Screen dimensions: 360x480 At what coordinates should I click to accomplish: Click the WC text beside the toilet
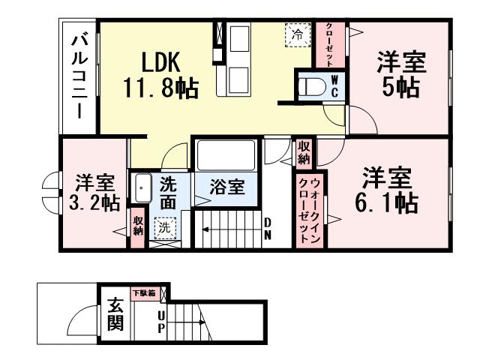click(x=335, y=86)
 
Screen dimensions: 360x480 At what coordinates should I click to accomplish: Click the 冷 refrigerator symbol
click(x=297, y=33)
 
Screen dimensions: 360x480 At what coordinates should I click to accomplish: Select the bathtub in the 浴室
click(x=227, y=156)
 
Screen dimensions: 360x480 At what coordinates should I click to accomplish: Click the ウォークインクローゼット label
click(x=307, y=210)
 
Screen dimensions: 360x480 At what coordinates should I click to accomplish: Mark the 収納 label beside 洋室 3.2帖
click(x=138, y=226)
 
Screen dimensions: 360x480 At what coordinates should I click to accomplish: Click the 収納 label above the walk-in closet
click(x=304, y=152)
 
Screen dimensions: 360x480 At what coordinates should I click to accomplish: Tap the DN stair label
click(x=267, y=228)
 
